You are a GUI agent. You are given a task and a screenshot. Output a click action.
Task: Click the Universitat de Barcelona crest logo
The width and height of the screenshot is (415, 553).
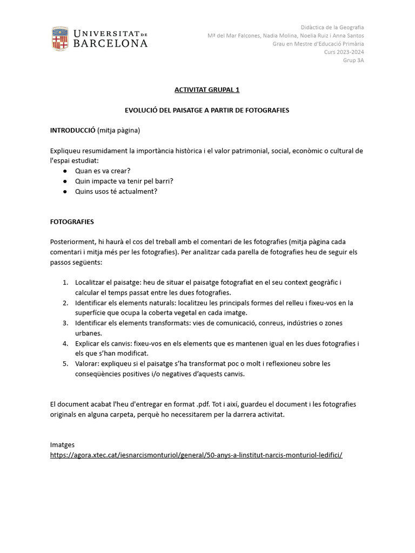click(x=60, y=39)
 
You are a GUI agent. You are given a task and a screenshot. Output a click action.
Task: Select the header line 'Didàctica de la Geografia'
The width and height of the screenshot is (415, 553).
click(x=332, y=27)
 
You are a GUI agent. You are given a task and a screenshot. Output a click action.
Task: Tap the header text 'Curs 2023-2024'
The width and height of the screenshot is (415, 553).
click(x=344, y=52)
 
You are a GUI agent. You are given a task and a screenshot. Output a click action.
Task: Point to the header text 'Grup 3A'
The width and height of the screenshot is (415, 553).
click(x=353, y=60)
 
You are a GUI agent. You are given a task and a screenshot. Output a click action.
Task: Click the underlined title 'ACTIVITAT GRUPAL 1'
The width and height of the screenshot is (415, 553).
click(x=207, y=90)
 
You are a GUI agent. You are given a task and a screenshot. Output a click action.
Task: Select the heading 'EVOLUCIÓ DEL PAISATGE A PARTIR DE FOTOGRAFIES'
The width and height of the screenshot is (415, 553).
click(x=207, y=110)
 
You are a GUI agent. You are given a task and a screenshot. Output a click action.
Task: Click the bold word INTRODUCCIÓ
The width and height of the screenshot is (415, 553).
click(x=72, y=130)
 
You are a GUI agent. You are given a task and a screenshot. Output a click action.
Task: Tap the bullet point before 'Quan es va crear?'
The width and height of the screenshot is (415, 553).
click(x=65, y=171)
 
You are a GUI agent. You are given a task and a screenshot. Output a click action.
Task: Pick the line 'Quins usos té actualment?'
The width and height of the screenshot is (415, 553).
click(x=116, y=191)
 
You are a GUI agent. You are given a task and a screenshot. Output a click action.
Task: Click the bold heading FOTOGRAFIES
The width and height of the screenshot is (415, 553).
click(x=72, y=221)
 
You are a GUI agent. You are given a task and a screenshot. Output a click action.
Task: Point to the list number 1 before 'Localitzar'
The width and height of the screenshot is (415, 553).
click(x=65, y=282)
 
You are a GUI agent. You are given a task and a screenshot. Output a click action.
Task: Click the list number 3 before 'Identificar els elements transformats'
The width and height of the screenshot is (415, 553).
click(x=65, y=323)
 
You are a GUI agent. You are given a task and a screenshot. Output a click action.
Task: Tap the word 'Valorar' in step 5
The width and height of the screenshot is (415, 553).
click(x=87, y=363)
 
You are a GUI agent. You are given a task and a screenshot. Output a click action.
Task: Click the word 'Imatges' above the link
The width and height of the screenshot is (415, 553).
click(x=62, y=444)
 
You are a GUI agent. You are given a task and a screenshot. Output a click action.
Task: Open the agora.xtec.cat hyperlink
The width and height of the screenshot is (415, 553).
click(x=196, y=455)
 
